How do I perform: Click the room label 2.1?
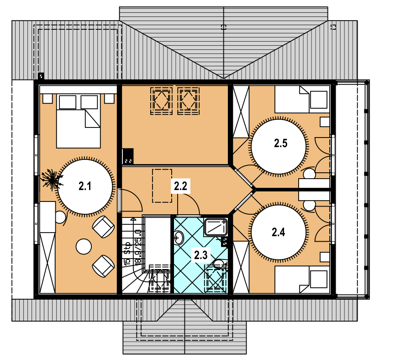tap(85, 186)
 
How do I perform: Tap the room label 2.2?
tap(180, 186)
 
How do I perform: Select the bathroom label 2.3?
tap(201, 255)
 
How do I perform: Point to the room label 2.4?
tap(278, 232)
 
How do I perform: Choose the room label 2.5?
tap(281, 143)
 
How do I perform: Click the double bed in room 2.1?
tap(79, 121)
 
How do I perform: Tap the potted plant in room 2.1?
tap(52, 180)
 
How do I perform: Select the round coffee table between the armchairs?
tap(84, 246)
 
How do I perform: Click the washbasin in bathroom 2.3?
tap(179, 238)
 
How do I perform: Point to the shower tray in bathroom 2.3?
tap(216, 227)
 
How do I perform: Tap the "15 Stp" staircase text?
tap(127, 254)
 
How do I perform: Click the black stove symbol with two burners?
tap(128, 156)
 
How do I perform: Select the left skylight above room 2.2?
tap(161, 101)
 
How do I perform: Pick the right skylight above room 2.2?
tap(189, 101)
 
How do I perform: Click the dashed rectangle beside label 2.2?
tap(162, 185)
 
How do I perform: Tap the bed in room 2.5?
tap(302, 100)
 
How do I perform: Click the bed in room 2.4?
tap(302, 280)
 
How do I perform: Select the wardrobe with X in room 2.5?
tap(241, 111)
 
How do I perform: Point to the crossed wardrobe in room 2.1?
tap(47, 263)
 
